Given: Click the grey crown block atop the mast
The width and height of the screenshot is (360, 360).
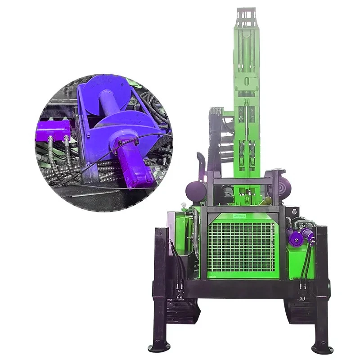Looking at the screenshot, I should pos(247,20).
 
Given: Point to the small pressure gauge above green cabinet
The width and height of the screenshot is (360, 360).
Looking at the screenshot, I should pos(184,206).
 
